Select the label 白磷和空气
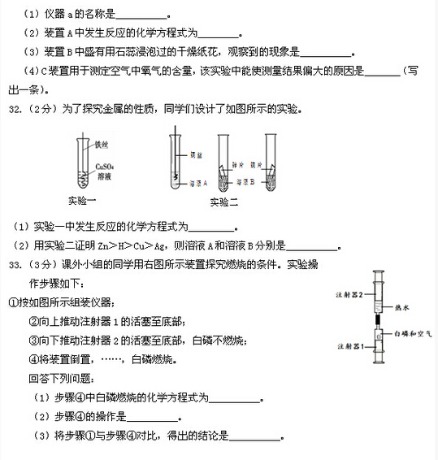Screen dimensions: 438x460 [x=414, y=333]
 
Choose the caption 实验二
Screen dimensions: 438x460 [x=224, y=200]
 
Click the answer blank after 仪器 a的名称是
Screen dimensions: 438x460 [x=144, y=15]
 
